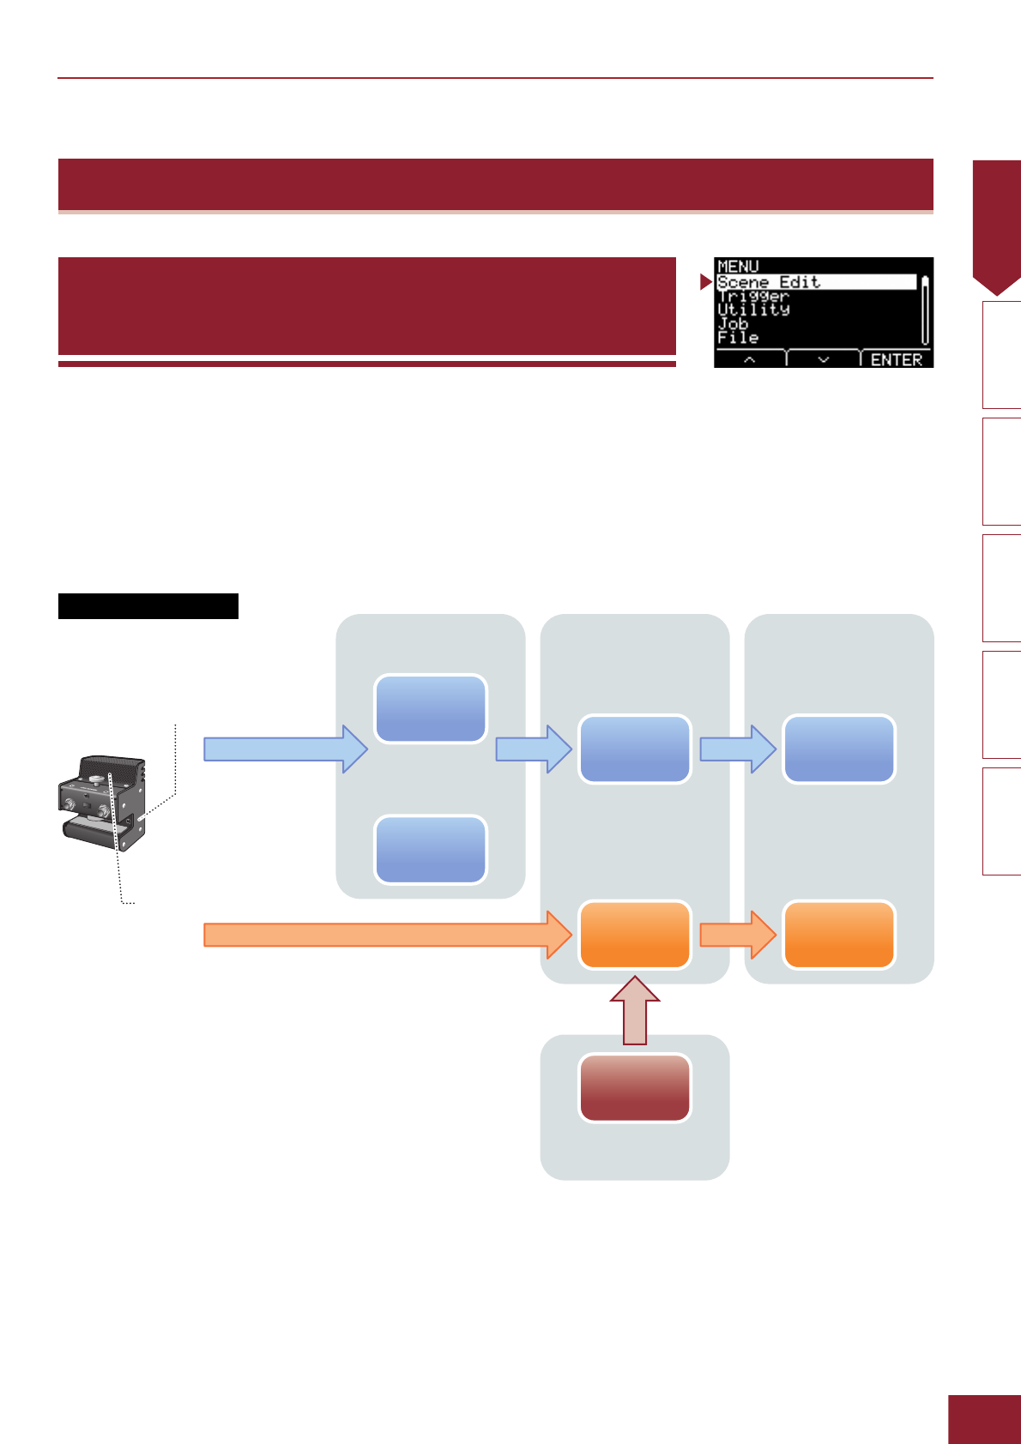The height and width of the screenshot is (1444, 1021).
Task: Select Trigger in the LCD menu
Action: tap(753, 297)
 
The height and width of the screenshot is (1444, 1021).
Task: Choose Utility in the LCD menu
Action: tap(753, 310)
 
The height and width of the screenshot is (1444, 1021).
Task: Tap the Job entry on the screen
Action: tap(733, 323)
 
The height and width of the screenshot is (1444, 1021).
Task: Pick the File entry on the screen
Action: tap(738, 337)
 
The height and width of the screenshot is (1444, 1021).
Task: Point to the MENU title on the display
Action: tap(738, 266)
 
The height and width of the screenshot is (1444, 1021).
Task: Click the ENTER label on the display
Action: tap(896, 359)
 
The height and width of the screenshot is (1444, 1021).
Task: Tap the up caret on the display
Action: tap(749, 359)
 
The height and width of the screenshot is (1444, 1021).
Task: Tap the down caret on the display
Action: tap(823, 359)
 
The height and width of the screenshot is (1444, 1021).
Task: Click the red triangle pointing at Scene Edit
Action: tap(705, 282)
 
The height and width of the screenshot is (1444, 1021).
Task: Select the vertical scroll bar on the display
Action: tap(925, 310)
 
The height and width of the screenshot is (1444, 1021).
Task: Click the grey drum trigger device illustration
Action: tap(102, 803)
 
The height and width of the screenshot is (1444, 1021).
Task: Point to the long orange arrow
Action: tap(388, 935)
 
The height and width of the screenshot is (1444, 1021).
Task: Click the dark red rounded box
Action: tap(635, 1087)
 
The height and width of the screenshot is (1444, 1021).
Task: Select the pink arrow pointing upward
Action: tap(635, 1009)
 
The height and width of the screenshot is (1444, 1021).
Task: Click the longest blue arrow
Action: tap(286, 749)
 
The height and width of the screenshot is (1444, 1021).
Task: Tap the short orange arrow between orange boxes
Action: tap(738, 935)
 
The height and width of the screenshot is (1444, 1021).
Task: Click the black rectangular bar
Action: tap(148, 606)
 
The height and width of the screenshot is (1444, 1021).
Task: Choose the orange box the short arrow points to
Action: tap(839, 935)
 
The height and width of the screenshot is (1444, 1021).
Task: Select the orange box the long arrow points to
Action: tap(635, 935)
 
